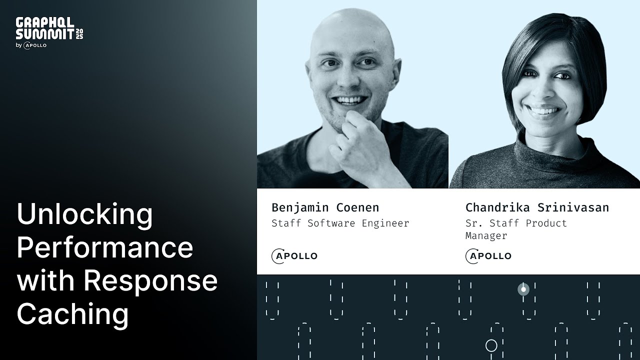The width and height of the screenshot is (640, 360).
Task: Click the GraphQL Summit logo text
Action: click(45, 28)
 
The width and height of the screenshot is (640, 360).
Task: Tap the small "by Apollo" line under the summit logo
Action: click(31, 45)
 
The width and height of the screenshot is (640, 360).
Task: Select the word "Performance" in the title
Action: click(105, 247)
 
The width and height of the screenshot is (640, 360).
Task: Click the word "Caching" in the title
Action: click(72, 313)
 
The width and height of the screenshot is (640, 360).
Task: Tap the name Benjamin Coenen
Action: click(325, 207)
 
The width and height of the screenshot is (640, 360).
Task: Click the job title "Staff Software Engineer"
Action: click(340, 223)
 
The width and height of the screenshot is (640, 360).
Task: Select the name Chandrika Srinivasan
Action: click(537, 207)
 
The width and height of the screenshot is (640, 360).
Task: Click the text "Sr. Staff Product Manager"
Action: click(516, 229)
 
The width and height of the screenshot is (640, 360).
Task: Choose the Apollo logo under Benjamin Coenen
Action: click(294, 256)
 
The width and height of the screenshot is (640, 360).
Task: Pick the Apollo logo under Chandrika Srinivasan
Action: click(488, 256)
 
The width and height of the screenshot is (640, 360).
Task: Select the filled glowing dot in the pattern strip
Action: click(523, 289)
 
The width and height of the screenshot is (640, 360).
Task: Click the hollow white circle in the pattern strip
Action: click(491, 345)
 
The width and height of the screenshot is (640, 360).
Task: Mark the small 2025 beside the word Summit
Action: click(79, 33)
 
